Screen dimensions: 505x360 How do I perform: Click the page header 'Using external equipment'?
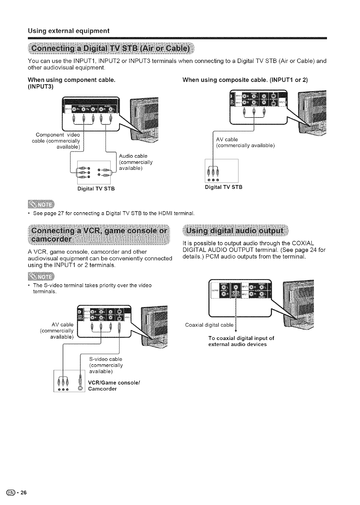pyautogui.click(x=68, y=31)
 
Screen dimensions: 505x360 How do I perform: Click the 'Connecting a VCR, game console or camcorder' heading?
pyautogui.click(x=99, y=236)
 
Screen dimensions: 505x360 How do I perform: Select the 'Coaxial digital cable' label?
pyautogui.click(x=209, y=325)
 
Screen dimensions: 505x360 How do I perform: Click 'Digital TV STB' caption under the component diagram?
pyautogui.click(x=96, y=189)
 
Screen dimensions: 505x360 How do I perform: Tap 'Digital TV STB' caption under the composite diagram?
pyautogui.click(x=224, y=187)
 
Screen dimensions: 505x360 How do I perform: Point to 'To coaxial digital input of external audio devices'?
pyautogui.click(x=241, y=341)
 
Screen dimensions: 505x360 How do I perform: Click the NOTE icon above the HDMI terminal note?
pyautogui.click(x=40, y=205)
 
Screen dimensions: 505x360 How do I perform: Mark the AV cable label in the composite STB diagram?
pyautogui.click(x=227, y=139)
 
